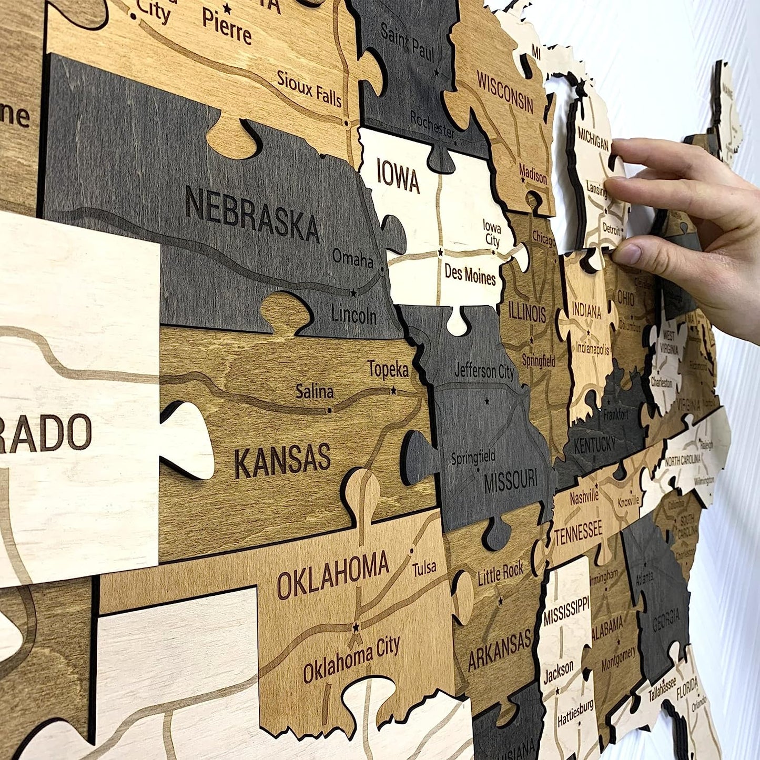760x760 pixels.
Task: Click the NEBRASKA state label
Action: click(251, 215)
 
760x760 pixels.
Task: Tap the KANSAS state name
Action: click(282, 461)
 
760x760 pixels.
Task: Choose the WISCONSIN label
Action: click(505, 92)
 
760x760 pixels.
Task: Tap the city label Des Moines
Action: click(470, 275)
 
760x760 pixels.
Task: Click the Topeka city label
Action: click(388, 370)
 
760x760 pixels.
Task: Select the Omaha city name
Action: click(352, 258)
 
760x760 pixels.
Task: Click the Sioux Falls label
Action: click(309, 88)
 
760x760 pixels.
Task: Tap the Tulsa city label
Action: click(424, 568)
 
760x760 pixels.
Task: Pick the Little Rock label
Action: click(500, 574)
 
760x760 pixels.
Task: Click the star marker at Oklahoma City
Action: click(356, 627)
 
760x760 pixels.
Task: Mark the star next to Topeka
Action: click(393, 391)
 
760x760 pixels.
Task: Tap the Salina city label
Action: click(315, 391)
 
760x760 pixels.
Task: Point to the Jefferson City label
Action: click(484, 371)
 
